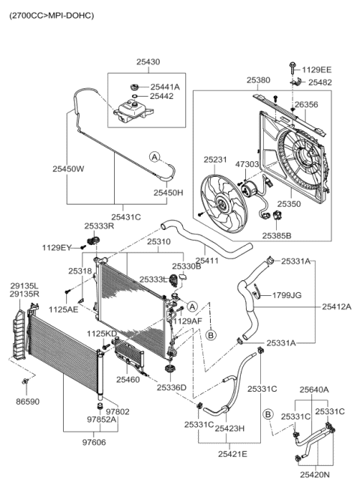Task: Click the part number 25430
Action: point(147,62)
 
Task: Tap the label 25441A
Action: point(165,87)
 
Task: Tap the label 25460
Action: point(128,380)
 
